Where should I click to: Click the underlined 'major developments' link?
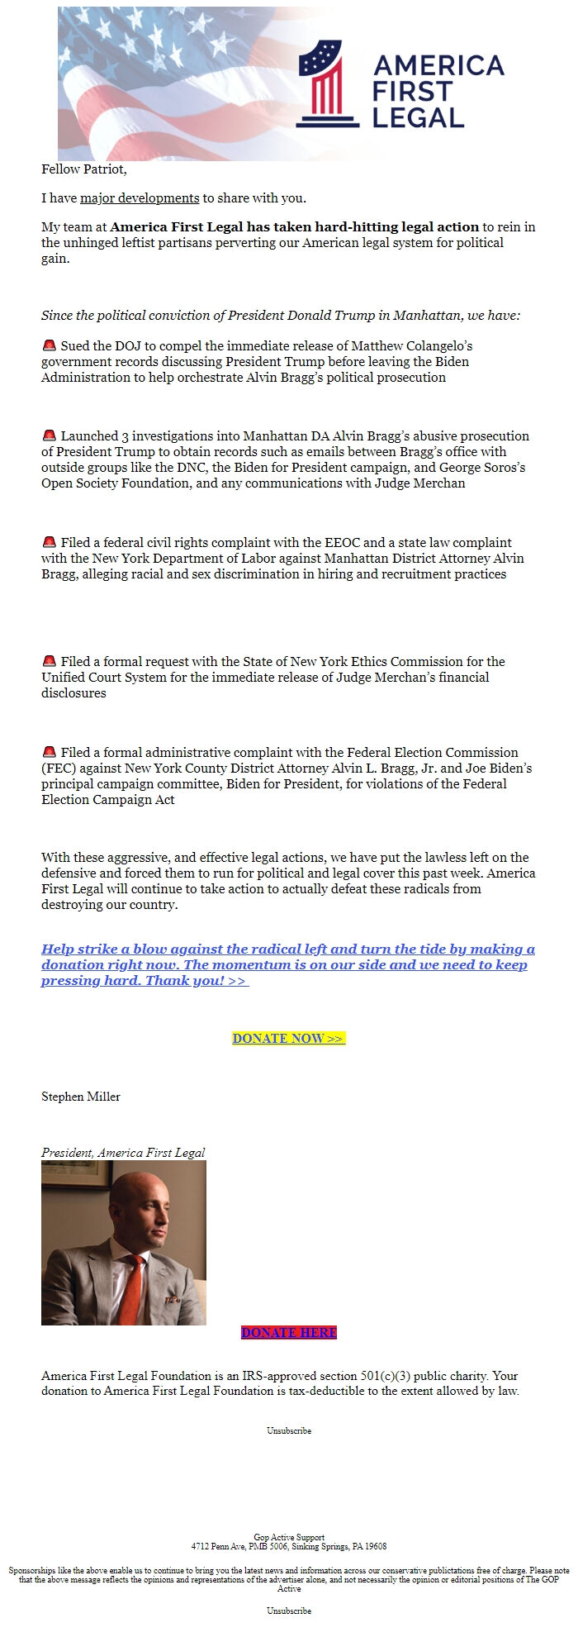pyautogui.click(x=140, y=198)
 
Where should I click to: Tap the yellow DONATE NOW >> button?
pyautogui.click(x=288, y=1039)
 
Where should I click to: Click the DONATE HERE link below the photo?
pyautogui.click(x=288, y=1333)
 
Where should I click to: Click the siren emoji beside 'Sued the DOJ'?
pyautogui.click(x=49, y=345)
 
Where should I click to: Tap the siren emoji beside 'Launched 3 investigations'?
pyautogui.click(x=49, y=435)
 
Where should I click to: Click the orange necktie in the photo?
pyautogui.click(x=129, y=1288)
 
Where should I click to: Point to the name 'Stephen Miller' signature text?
pyautogui.click(x=81, y=1097)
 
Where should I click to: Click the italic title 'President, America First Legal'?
pyautogui.click(x=123, y=1153)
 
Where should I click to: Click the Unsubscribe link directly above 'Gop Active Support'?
pyautogui.click(x=288, y=1430)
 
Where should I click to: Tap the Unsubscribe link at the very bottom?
pyautogui.click(x=288, y=1611)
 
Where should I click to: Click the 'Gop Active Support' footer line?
pyautogui.click(x=288, y=1538)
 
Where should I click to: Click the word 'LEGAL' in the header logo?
pyautogui.click(x=418, y=117)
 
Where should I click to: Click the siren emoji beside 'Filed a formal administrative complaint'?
pyautogui.click(x=49, y=752)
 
